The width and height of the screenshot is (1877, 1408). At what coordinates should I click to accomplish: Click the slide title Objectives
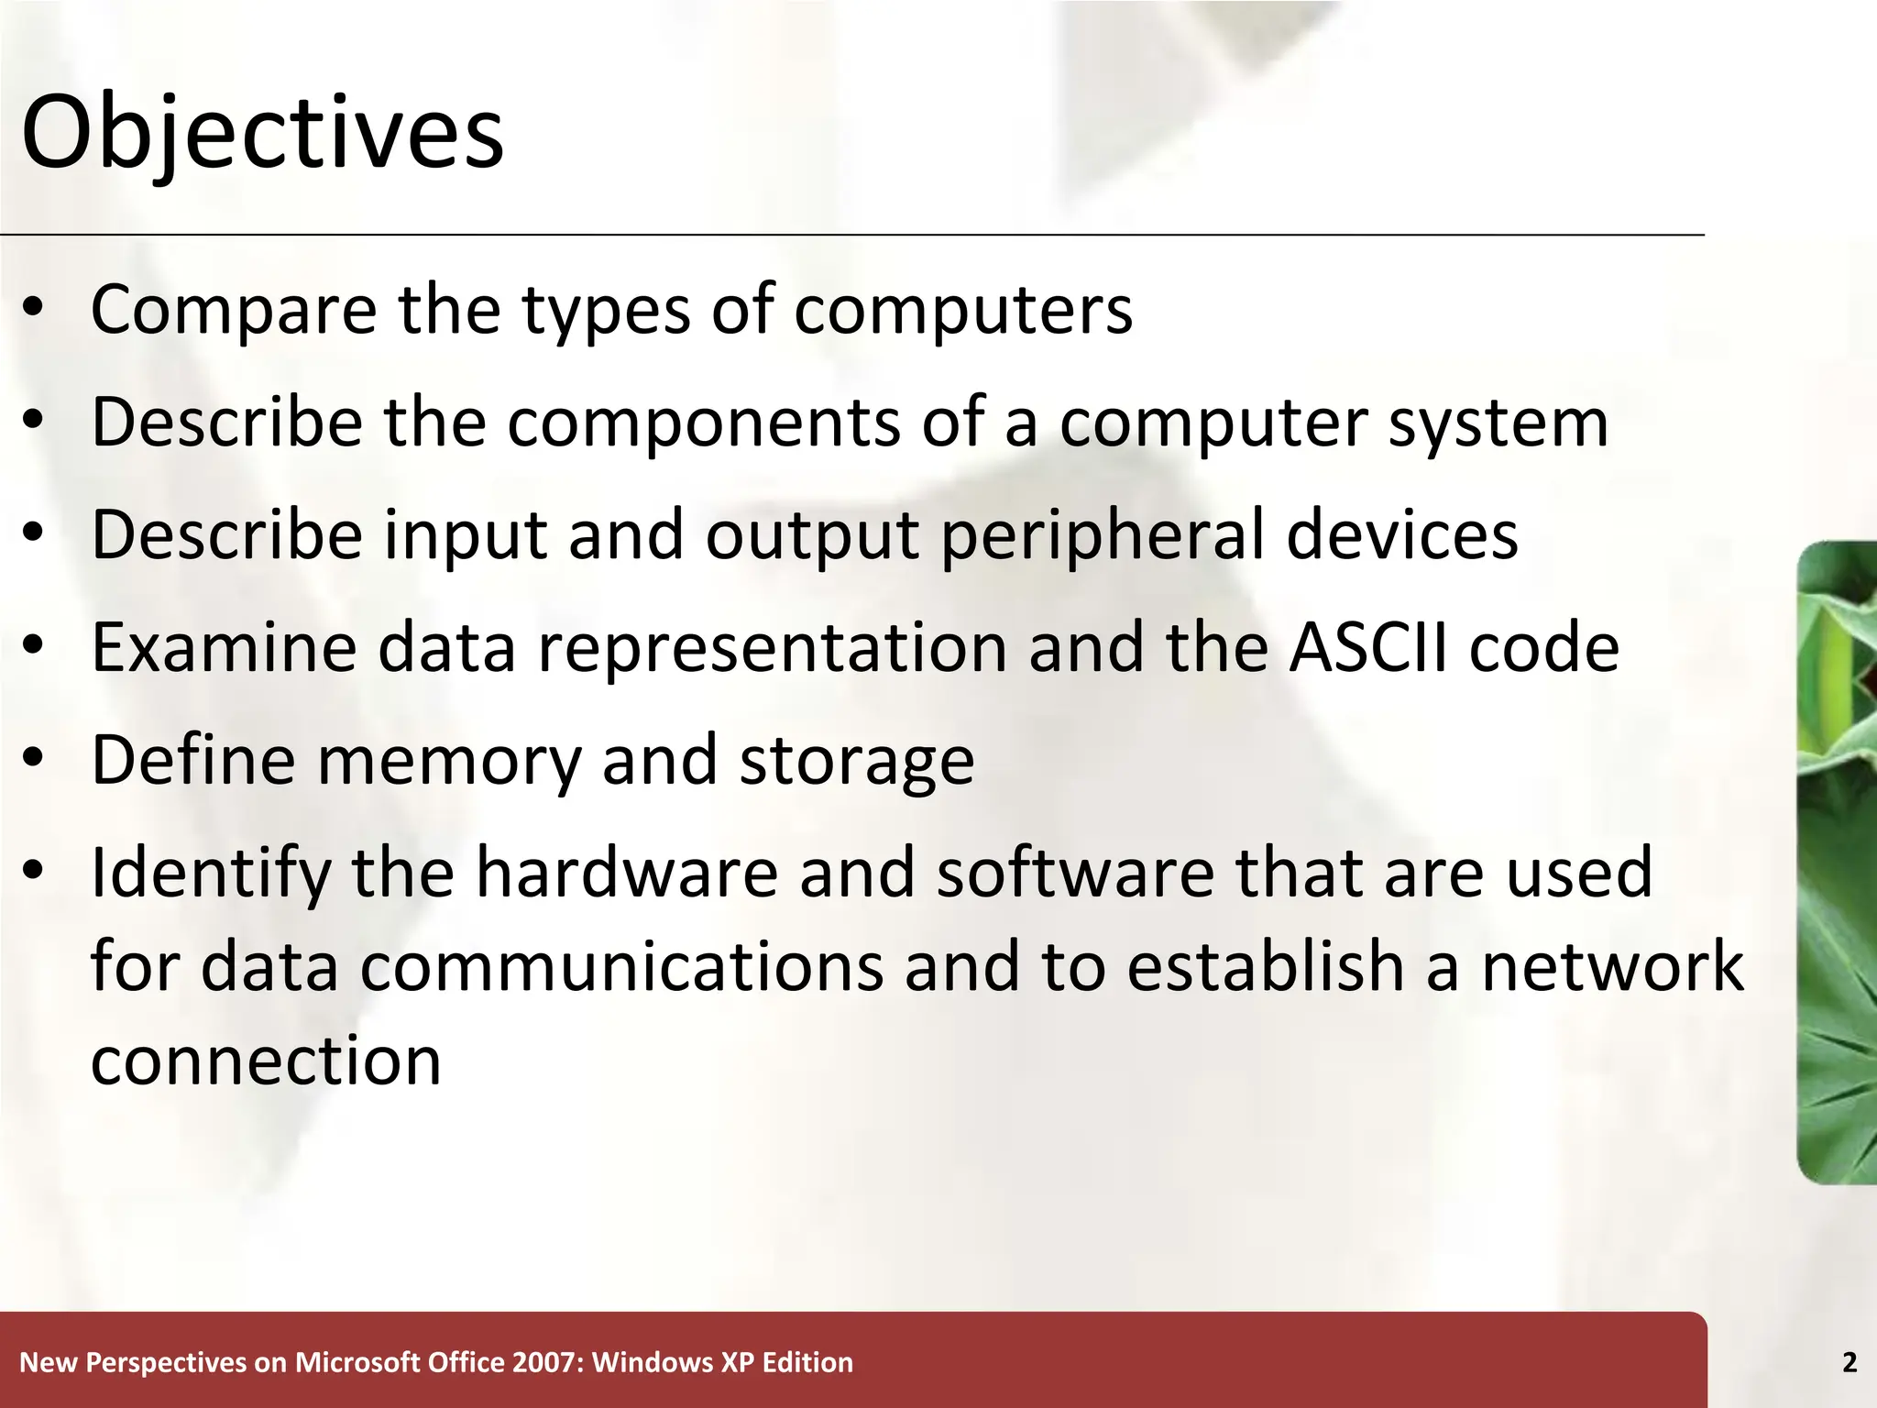click(x=262, y=135)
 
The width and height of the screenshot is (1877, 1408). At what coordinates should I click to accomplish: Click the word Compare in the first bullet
click(x=233, y=310)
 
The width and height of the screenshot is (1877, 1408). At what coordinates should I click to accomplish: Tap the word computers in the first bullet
click(x=962, y=312)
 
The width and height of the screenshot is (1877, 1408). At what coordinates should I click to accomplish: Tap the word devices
click(x=1402, y=535)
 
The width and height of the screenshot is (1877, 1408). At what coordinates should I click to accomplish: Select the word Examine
click(x=224, y=647)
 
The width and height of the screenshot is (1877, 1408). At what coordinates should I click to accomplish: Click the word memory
click(x=449, y=761)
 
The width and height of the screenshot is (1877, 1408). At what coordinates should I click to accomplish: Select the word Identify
click(x=211, y=874)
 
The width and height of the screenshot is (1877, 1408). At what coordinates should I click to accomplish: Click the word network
click(x=1612, y=966)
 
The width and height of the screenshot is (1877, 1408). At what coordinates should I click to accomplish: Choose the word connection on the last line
click(x=266, y=1061)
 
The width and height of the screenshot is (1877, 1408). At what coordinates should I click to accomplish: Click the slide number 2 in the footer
click(x=1849, y=1363)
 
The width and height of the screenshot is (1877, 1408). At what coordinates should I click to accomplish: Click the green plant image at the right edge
click(x=1837, y=862)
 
